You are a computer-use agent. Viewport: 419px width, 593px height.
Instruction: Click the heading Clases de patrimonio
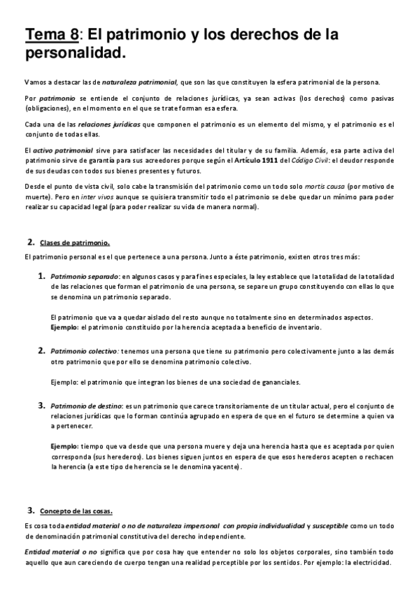[75, 243]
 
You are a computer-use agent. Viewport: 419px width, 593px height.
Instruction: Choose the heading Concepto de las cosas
[76, 510]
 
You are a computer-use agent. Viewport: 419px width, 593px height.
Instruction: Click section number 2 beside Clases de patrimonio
[31, 242]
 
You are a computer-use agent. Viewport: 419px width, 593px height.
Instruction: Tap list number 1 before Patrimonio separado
[42, 276]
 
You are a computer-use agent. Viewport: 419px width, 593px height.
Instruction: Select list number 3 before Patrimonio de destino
[42, 405]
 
